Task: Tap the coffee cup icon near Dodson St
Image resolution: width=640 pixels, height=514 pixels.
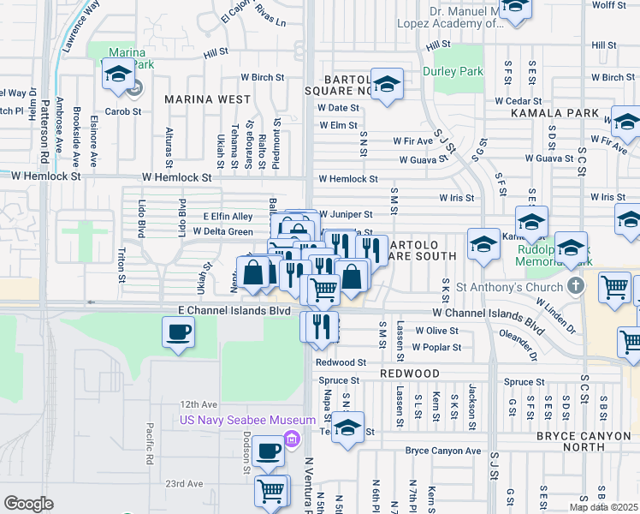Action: coord(268,451)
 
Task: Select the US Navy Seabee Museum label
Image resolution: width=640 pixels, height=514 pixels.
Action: coord(235,420)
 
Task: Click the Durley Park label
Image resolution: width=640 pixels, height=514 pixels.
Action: coord(453,72)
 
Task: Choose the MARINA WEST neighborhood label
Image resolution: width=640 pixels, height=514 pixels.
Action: coord(209,99)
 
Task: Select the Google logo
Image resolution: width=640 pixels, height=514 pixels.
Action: coord(28,504)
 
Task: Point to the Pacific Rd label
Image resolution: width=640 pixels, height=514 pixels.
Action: coord(149,444)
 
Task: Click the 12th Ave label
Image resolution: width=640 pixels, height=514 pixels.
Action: coord(199,404)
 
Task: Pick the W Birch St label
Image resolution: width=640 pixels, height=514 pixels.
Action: coord(262,77)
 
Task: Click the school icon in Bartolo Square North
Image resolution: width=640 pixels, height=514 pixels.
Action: coord(387,85)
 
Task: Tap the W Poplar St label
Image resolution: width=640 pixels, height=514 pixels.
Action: coord(436,347)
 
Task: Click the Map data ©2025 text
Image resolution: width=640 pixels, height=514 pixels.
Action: coord(603,507)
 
